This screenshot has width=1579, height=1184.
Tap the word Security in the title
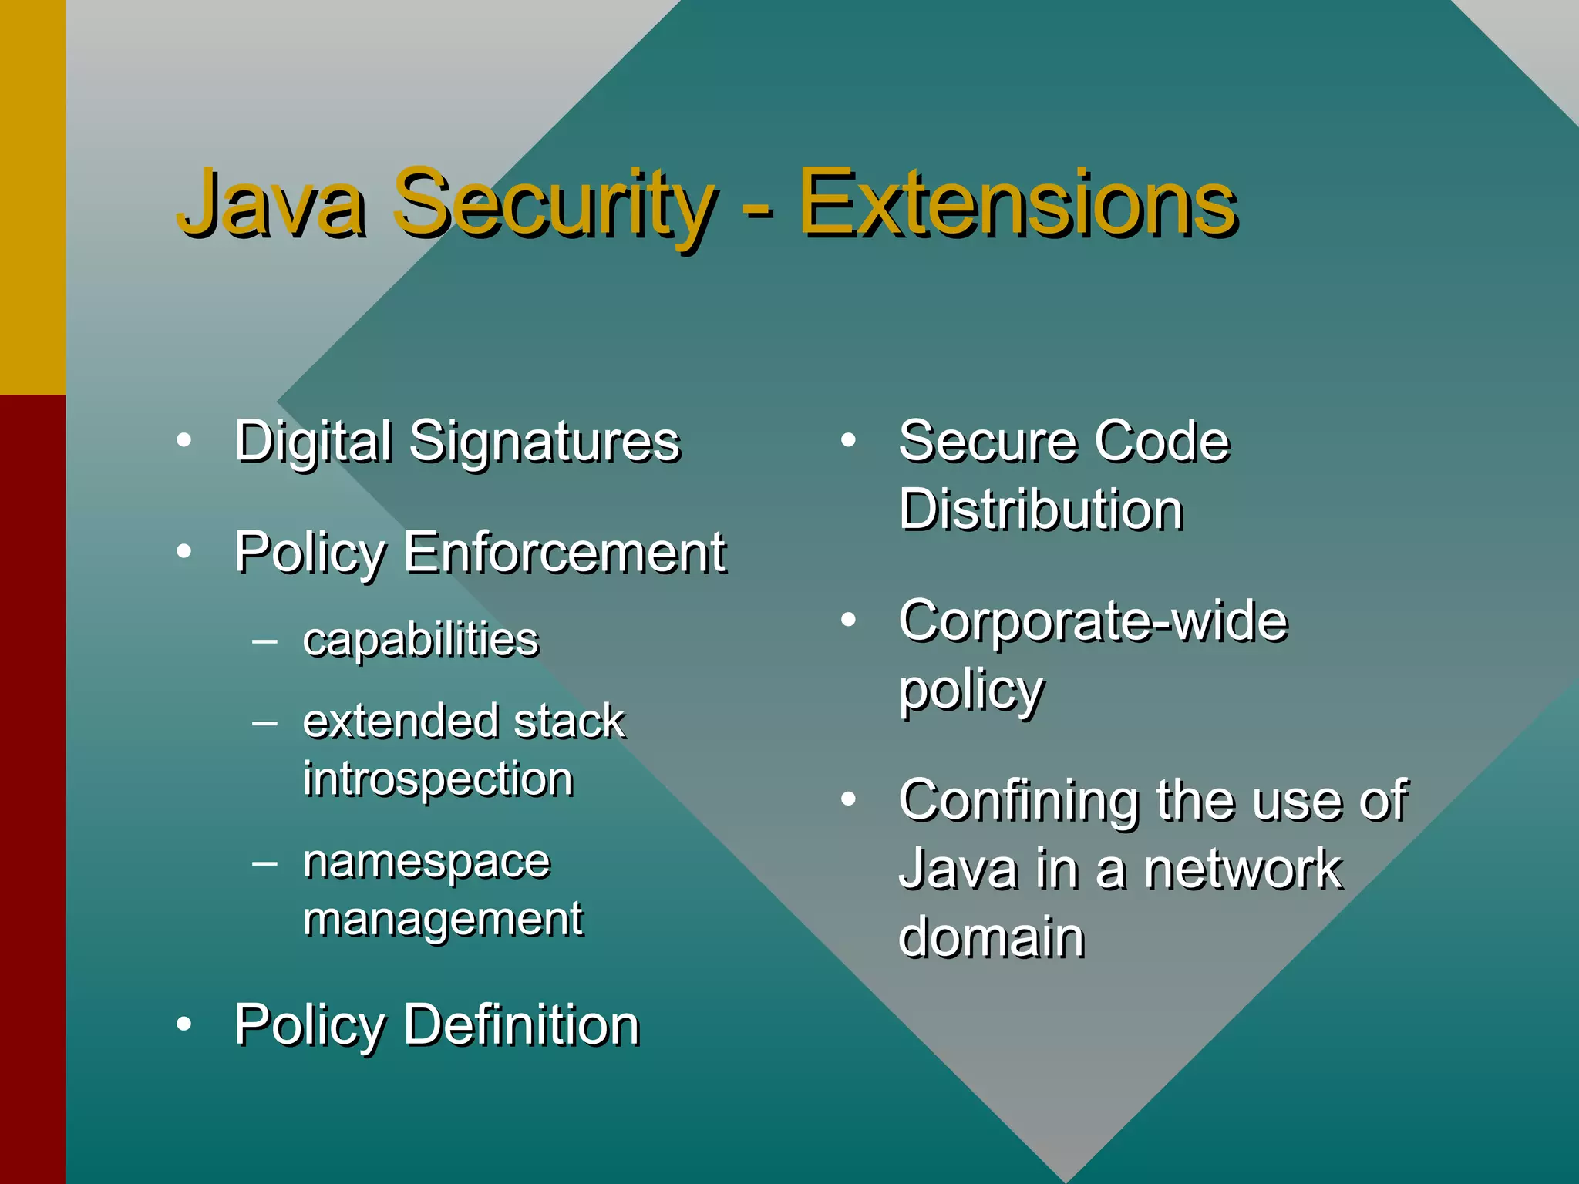(554, 203)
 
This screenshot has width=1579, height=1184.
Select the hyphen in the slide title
(759, 207)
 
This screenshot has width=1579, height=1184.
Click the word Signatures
(544, 442)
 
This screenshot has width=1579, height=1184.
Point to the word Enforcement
(564, 552)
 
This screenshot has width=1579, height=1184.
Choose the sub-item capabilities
(421, 640)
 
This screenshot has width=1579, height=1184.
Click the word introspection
(438, 779)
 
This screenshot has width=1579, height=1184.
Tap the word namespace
(427, 860)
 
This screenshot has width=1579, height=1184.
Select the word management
(443, 919)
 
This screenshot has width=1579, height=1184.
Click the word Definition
(521, 1025)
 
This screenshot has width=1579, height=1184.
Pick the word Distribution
(1041, 510)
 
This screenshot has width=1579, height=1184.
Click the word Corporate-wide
(1093, 621)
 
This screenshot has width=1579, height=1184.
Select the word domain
(992, 937)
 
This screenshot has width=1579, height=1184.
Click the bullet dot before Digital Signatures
(183, 440)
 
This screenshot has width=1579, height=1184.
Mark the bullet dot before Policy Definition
(183, 1024)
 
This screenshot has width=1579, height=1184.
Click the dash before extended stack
(264, 722)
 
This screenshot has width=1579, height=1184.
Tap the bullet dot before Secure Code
(849, 440)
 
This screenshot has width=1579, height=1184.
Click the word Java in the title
(271, 203)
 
